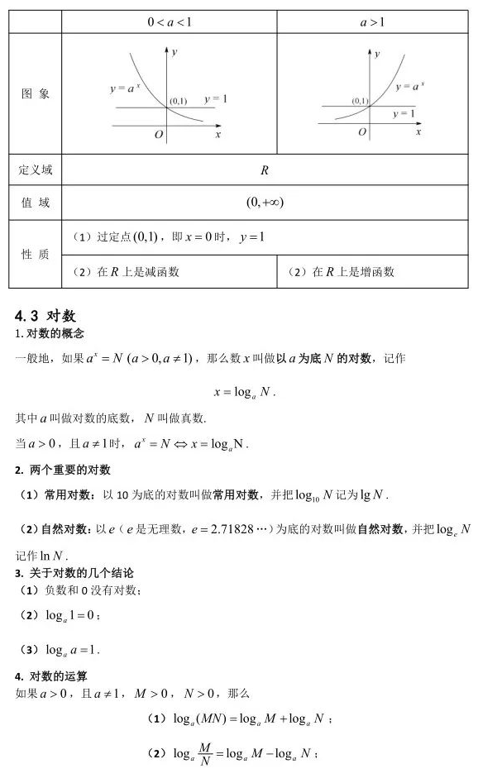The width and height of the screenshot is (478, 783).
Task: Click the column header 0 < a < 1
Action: coord(170,22)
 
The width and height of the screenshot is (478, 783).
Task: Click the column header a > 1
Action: coord(372,22)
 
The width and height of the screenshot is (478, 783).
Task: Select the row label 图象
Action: coord(36,94)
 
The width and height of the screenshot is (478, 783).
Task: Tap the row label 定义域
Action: coord(36,170)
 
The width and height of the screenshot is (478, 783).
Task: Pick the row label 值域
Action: coord(36,203)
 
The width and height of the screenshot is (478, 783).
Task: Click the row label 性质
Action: coord(36,255)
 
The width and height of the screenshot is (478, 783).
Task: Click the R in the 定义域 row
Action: coord(265,170)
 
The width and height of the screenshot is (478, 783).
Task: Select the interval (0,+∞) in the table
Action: coord(265,203)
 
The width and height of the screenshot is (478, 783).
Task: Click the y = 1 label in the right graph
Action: coord(404,113)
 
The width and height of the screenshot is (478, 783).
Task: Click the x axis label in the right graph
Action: coord(418,132)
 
